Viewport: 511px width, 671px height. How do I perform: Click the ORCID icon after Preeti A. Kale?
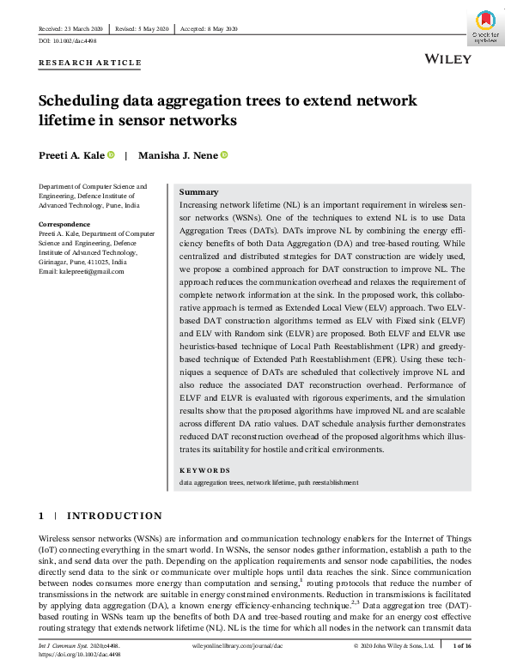tap(112, 155)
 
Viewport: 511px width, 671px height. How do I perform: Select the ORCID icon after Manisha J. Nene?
tap(224, 155)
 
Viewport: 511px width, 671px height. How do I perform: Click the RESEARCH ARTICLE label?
tap(90, 63)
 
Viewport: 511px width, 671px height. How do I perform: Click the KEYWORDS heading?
tap(204, 470)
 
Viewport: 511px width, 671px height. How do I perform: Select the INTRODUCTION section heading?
tap(114, 516)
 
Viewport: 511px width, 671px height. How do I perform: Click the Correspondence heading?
tap(65, 224)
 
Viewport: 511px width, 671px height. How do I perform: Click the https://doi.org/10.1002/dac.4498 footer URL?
tap(80, 653)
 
